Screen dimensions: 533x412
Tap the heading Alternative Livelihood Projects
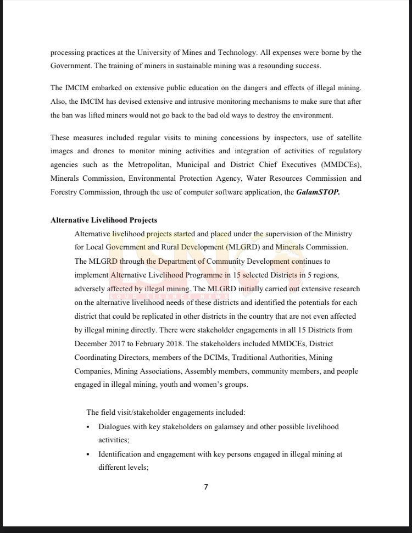[104, 220]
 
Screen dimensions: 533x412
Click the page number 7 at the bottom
[206, 487]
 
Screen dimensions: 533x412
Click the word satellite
[344, 137]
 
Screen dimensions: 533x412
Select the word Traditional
[253, 358]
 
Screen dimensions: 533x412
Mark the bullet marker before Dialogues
[88, 427]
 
